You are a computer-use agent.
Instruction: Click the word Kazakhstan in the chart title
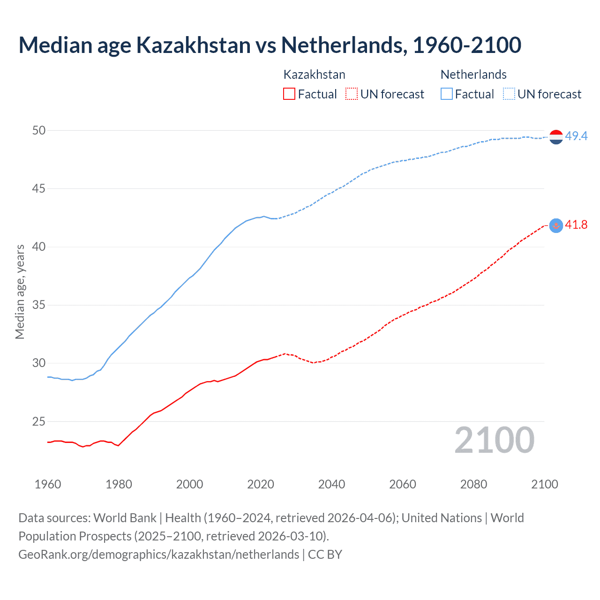click(193, 45)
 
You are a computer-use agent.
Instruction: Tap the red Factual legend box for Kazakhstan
click(289, 94)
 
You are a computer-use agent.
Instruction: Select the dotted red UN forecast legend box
click(352, 94)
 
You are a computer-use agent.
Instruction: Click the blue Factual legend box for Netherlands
click(446, 94)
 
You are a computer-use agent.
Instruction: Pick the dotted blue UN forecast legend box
click(509, 94)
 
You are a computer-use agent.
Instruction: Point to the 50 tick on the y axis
click(39, 130)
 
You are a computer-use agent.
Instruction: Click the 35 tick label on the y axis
click(39, 305)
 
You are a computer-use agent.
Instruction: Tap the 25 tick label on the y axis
click(39, 421)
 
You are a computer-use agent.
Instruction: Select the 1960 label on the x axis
click(48, 484)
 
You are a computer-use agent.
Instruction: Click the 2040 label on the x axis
click(331, 484)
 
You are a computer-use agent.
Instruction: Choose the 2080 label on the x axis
click(473, 484)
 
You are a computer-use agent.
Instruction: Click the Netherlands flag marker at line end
click(556, 137)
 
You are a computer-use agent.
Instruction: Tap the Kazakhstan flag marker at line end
click(556, 225)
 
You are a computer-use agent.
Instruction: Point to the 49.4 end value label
click(576, 136)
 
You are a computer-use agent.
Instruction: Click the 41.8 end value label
click(576, 225)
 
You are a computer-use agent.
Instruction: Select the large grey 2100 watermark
click(494, 440)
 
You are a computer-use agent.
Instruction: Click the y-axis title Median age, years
click(20, 292)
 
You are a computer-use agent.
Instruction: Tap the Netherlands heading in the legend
click(473, 75)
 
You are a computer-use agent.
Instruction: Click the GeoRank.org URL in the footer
click(158, 555)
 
